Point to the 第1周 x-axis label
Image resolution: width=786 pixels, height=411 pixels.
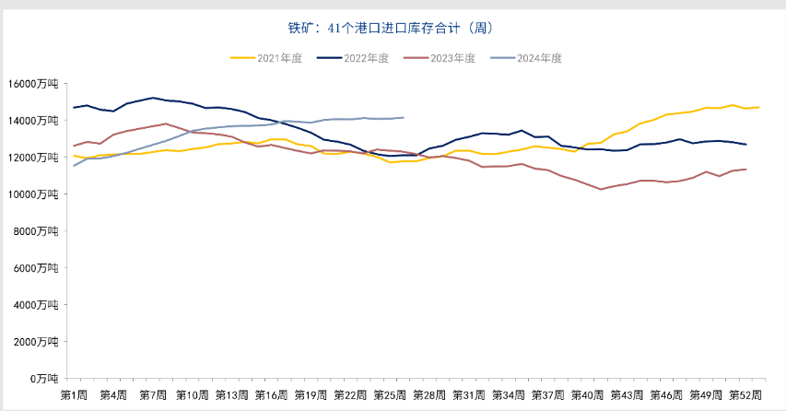pos(74,394)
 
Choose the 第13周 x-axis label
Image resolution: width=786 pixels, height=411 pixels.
pos(231,394)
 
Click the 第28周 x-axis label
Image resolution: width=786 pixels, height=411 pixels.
pos(429,394)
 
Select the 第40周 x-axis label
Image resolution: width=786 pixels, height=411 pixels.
pos(587,394)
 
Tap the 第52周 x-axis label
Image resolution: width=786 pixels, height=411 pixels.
pos(745,394)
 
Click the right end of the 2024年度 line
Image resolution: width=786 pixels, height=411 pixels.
pos(404,117)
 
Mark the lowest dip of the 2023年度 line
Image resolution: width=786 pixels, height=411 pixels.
pos(601,189)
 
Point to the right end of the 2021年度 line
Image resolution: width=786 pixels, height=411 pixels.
pos(758,108)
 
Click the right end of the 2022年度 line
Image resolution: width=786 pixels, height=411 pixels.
pos(745,145)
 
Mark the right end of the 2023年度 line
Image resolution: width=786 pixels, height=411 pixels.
pos(745,169)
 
